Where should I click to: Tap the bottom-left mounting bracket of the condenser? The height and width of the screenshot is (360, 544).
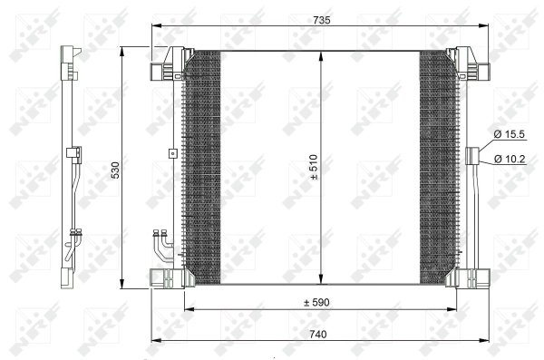pos(168,276)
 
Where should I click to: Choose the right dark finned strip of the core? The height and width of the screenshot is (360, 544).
pos(438,168)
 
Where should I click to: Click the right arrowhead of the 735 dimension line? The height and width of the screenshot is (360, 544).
pos(486,25)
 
